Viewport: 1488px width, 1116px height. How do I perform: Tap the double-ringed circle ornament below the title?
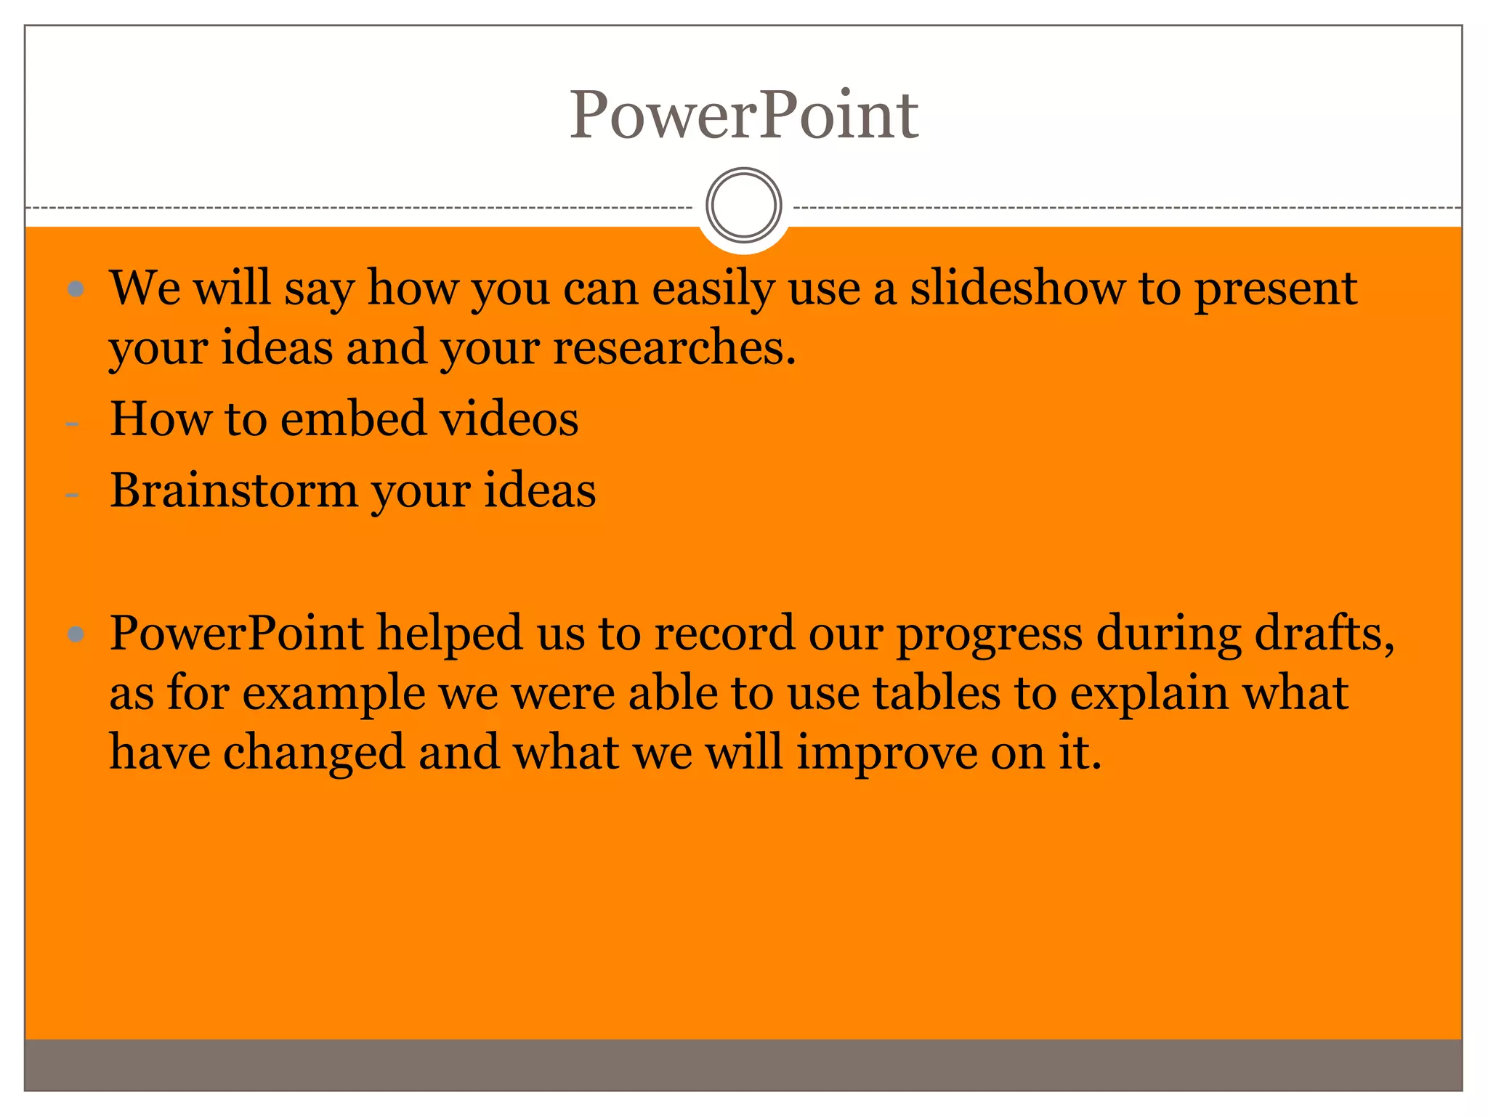(743, 205)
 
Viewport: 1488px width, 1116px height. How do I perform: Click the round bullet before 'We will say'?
(76, 290)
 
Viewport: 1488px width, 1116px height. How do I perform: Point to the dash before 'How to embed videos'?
(72, 423)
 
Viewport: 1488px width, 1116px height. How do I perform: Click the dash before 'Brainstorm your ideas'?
(72, 495)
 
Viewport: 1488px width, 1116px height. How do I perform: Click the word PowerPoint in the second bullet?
(236, 633)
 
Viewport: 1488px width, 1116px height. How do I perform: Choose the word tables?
(937, 692)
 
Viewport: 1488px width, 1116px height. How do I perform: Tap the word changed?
(314, 753)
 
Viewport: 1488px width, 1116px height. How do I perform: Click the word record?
(724, 633)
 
